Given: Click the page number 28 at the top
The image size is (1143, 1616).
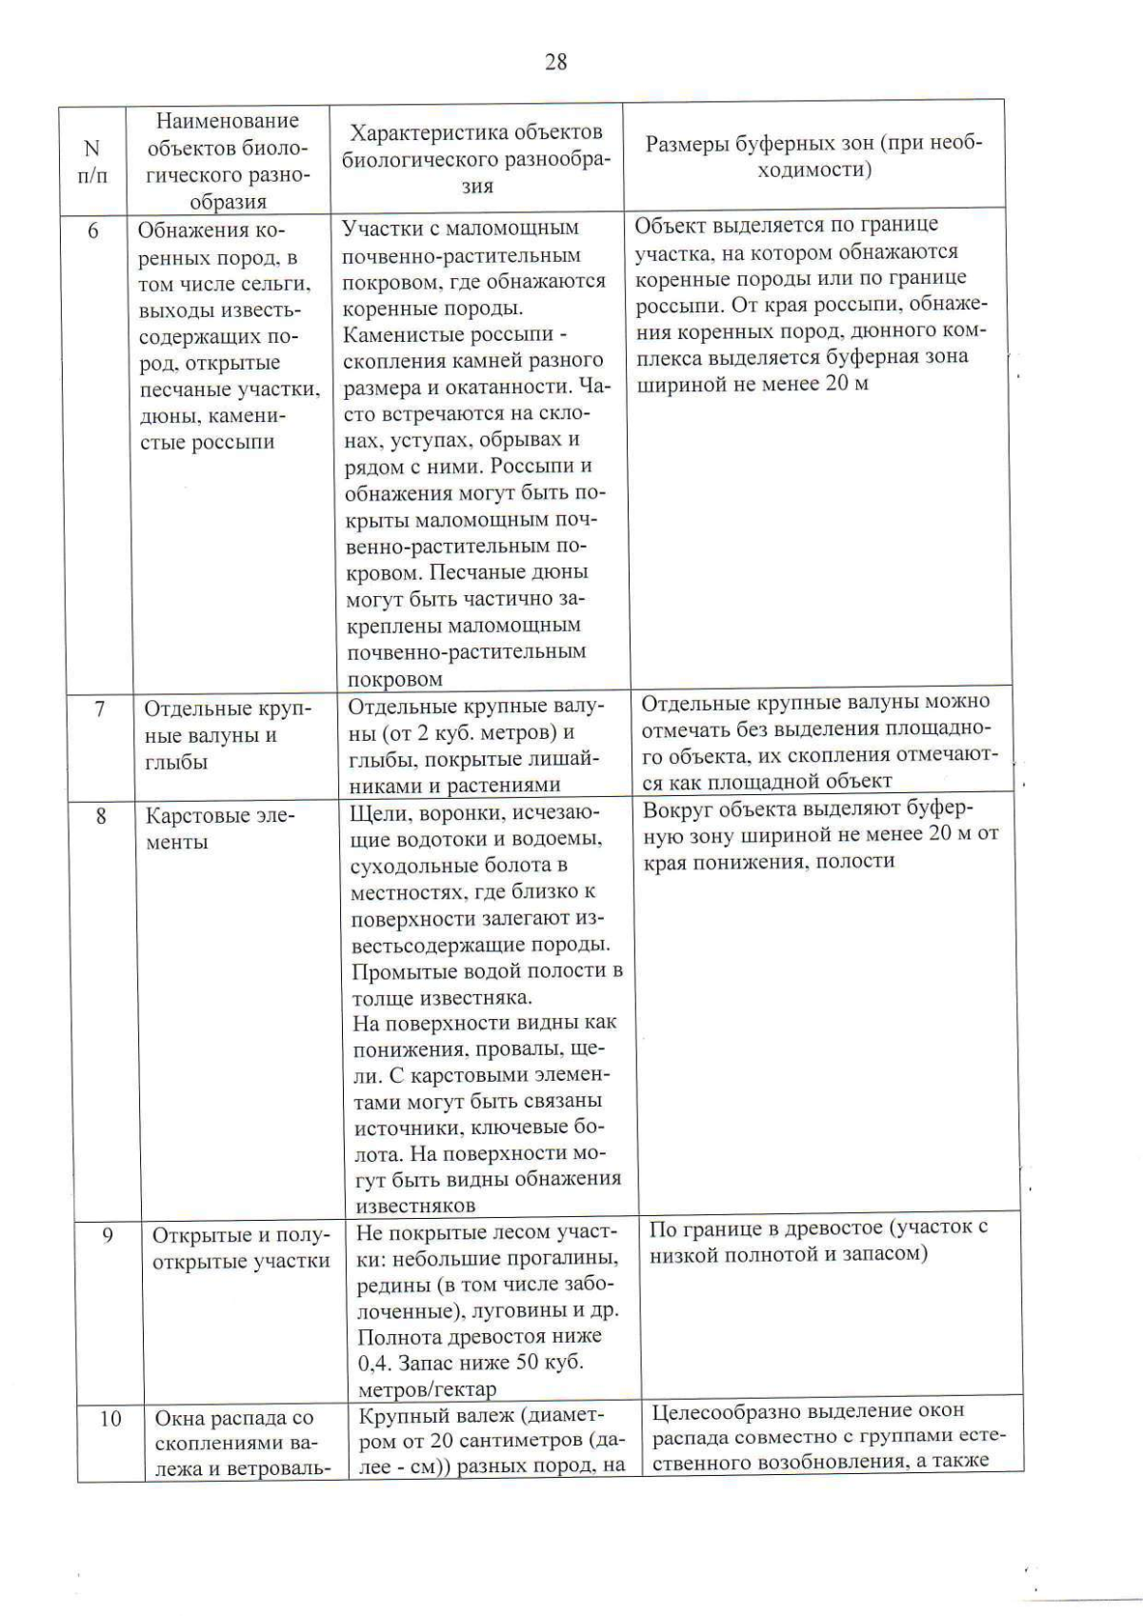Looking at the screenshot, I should click(555, 63).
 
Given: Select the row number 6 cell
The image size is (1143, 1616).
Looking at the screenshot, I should click(93, 230).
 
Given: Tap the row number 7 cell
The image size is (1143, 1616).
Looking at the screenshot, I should click(99, 708).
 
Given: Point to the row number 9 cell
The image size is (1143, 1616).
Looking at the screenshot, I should click(108, 1235).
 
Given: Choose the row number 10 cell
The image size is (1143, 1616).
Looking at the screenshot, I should click(110, 1419).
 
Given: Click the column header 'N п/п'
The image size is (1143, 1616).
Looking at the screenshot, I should click(91, 162).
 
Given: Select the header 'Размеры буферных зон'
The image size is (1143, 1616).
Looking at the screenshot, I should click(813, 156).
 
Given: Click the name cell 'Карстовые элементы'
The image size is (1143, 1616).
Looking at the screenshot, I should click(220, 828).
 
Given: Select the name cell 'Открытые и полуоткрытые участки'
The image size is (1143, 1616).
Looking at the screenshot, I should click(241, 1247).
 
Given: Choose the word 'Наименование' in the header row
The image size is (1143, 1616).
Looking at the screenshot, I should click(227, 121).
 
